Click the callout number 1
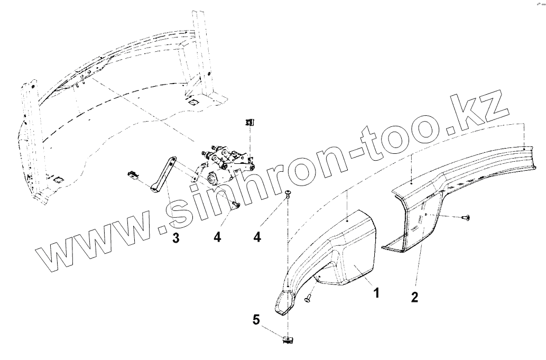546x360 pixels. pyautogui.click(x=376, y=292)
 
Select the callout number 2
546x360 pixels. pyautogui.click(x=414, y=297)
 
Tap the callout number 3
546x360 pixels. pyautogui.click(x=175, y=238)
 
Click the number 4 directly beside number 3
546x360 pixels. pyautogui.click(x=217, y=238)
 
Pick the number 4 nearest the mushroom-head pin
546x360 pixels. pyautogui.click(x=257, y=238)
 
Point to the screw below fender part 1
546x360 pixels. pyautogui.click(x=307, y=299)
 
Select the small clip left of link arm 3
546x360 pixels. pyautogui.click(x=133, y=174)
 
